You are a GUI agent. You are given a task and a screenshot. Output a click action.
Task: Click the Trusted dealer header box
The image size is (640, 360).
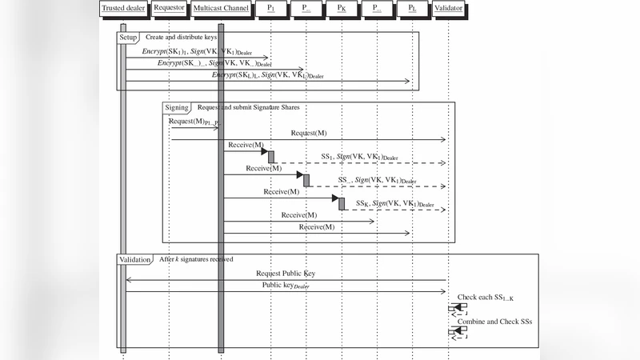[x=123, y=9]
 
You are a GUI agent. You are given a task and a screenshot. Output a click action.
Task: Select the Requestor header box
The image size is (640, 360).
[x=170, y=9]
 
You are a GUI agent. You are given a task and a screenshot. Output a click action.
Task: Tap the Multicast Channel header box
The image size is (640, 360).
[x=222, y=9]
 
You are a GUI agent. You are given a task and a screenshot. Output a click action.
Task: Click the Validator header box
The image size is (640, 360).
[x=448, y=9]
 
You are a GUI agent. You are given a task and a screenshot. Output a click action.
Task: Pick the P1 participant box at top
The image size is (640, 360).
[x=270, y=9]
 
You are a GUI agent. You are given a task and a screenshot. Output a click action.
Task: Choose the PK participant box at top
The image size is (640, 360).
[x=342, y=9]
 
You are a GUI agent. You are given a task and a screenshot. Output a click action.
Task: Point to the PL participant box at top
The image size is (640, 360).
[x=412, y=9]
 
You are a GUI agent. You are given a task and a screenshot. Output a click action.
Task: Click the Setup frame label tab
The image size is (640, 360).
[x=129, y=38]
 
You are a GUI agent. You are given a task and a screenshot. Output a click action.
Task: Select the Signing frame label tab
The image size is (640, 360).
[x=177, y=107]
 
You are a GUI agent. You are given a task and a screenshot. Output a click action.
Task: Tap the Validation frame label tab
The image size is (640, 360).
[x=135, y=260]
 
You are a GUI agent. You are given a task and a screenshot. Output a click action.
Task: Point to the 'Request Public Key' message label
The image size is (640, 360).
[x=285, y=273]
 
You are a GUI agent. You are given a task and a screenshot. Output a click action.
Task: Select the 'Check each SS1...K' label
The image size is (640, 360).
[x=486, y=298]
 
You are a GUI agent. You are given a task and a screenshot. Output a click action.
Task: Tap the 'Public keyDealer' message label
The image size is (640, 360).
[x=285, y=285]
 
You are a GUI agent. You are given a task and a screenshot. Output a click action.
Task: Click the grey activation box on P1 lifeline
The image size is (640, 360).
[x=271, y=157]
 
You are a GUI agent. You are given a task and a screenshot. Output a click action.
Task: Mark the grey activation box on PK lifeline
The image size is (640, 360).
[x=342, y=204]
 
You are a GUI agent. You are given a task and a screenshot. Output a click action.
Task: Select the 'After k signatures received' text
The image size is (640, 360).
[x=196, y=260]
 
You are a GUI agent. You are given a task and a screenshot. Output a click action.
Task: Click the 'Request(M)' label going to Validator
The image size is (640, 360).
[x=309, y=133]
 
